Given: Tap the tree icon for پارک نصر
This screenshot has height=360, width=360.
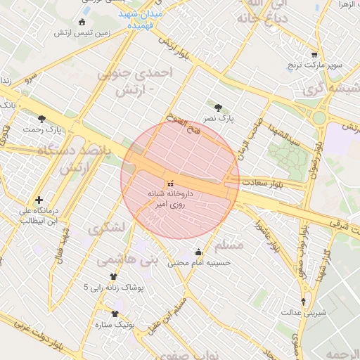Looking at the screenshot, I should tap(219, 109).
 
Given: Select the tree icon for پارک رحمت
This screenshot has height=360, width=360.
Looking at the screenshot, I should tap(41, 119).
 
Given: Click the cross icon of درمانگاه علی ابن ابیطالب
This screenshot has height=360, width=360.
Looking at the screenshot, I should tap(38, 200).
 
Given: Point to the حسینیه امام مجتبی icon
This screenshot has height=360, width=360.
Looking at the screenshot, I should tap(198, 252).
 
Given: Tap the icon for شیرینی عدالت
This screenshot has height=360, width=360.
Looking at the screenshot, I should tap(303, 300).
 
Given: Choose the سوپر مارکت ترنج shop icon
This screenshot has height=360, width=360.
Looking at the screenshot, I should tap(314, 55).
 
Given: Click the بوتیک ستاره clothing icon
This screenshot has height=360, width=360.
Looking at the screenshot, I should tap(115, 313).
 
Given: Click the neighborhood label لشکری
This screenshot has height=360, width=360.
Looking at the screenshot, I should tap(108, 228).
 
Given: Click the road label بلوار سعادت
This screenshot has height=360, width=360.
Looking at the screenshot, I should tap(265, 182).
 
